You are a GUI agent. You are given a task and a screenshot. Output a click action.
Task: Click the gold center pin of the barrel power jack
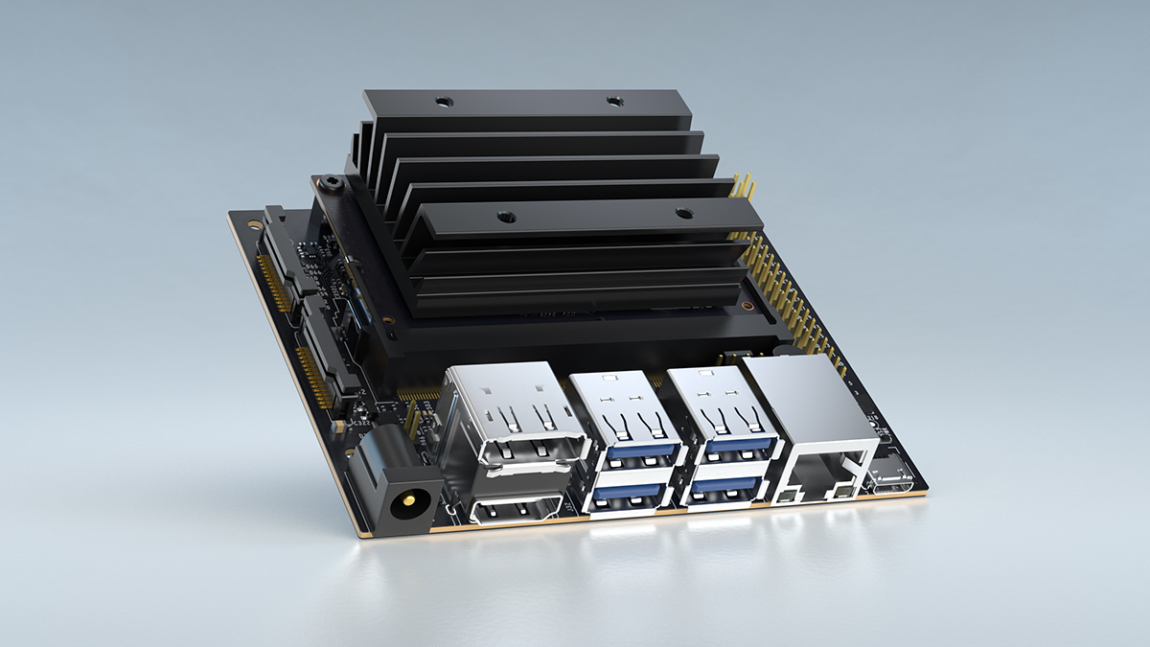pos(411,499)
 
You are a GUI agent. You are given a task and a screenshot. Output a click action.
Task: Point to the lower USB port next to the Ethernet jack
pos(728,489)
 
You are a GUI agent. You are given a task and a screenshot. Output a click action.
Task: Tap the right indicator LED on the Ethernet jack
pos(842,491)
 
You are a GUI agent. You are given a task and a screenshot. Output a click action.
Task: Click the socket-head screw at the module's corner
pos(332,182)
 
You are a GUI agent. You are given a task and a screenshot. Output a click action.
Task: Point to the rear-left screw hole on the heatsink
pos(442,101)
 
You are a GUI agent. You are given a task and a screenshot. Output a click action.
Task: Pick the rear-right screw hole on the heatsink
pos(613,100)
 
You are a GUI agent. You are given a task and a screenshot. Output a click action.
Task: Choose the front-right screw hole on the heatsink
pos(683,214)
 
